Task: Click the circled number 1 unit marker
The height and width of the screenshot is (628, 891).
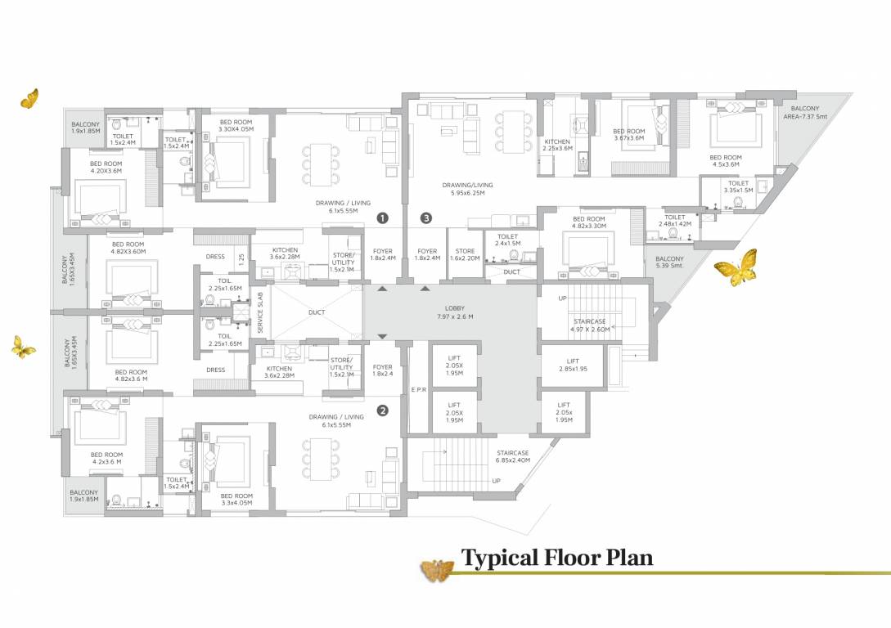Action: pyautogui.click(x=381, y=218)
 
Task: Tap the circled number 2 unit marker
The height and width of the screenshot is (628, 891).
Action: pyautogui.click(x=381, y=410)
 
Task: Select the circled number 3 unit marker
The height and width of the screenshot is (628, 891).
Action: pyautogui.click(x=425, y=218)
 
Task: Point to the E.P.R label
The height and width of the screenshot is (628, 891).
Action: pyautogui.click(x=419, y=389)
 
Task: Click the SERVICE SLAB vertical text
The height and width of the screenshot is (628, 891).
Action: pyautogui.click(x=261, y=313)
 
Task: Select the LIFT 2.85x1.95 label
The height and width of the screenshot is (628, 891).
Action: pyautogui.click(x=573, y=365)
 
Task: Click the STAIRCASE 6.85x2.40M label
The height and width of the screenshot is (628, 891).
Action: pyautogui.click(x=513, y=456)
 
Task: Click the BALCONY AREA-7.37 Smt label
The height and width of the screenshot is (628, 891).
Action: pyautogui.click(x=805, y=113)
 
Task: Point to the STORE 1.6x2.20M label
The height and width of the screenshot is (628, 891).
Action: pyautogui.click(x=465, y=255)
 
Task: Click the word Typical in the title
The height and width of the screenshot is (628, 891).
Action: pyautogui.click(x=498, y=558)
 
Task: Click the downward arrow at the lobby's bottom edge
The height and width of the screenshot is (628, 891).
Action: pyautogui.click(x=382, y=337)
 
